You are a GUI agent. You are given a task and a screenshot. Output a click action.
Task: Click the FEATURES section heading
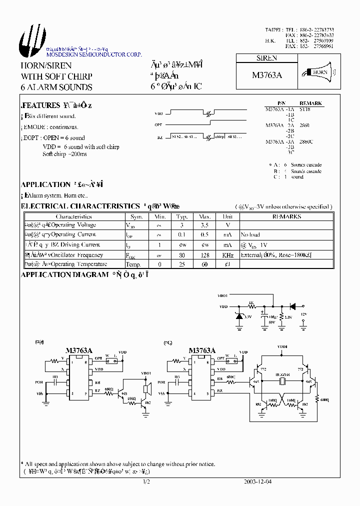point(40,105)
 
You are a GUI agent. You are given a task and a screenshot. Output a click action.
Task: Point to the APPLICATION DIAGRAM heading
point(64,274)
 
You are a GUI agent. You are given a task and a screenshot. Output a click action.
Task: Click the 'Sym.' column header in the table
point(136,217)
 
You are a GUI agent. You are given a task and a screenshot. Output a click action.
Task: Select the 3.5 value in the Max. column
point(204,225)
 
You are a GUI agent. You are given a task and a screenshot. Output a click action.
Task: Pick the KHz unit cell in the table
point(227,255)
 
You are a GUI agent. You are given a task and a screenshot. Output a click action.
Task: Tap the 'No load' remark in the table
point(250,234)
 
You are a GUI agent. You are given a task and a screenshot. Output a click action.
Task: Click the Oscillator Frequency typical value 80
point(181,255)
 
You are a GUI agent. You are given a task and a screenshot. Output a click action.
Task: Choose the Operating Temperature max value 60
point(204,264)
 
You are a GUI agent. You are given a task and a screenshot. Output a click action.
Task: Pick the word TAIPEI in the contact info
point(274,30)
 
